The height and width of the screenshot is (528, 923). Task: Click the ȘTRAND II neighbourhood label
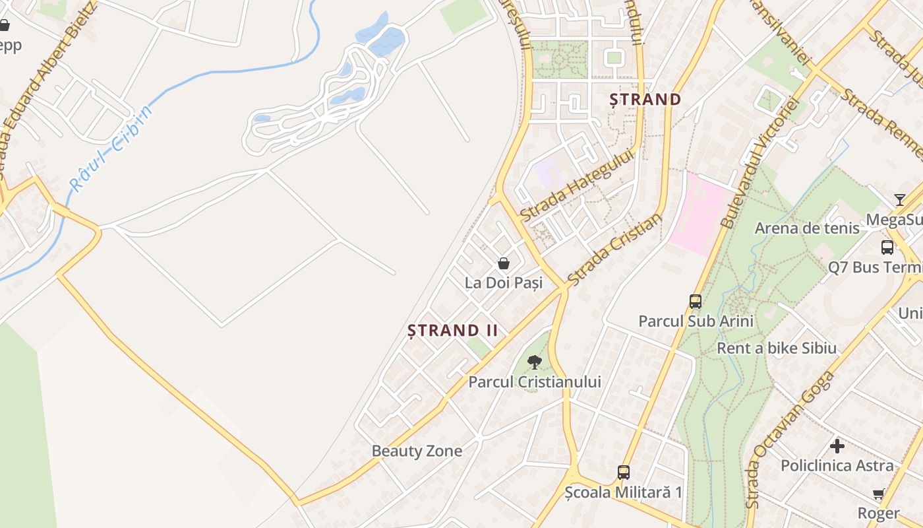tap(452, 330)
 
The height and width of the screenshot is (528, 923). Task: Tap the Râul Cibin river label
tap(111, 148)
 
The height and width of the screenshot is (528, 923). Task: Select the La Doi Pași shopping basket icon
tap(504, 263)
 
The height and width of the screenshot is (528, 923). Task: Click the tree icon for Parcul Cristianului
tap(535, 362)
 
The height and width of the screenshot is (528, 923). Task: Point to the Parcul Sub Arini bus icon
tap(696, 302)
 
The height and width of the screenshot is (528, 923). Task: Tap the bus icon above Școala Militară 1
tap(624, 473)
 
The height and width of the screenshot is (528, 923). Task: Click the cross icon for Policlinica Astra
tap(837, 446)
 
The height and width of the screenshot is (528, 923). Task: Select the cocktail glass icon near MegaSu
tap(900, 199)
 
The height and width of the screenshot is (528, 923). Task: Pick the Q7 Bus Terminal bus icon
tap(887, 247)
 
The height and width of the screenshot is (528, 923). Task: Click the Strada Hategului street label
tap(576, 185)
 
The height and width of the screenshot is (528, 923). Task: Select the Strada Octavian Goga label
tap(791, 439)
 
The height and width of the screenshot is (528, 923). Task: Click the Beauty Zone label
tap(417, 451)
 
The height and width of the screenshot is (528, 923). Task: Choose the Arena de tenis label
tap(807, 228)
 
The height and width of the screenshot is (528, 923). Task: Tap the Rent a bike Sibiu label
tap(776, 348)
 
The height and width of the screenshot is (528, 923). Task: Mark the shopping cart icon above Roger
tap(879, 494)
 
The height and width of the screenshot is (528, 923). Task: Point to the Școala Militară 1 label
tap(624, 492)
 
